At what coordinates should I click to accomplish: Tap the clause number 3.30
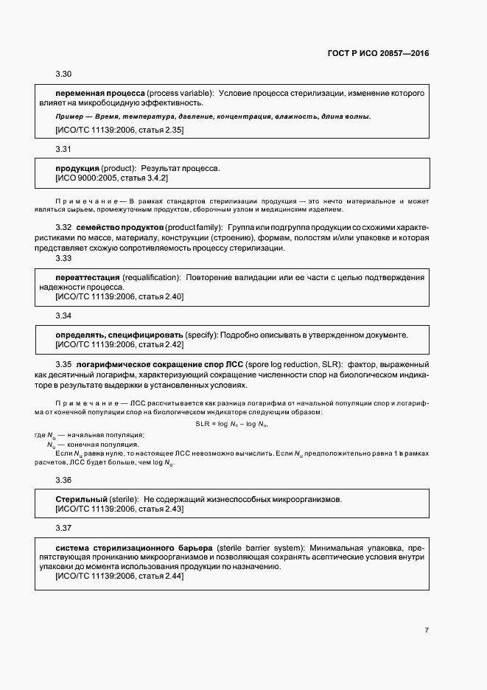pyautogui.click(x=64, y=74)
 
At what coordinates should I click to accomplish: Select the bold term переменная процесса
pyautogui.click(x=100, y=94)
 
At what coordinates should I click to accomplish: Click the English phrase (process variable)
pyautogui.click(x=180, y=94)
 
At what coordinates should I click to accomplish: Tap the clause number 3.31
pyautogui.click(x=64, y=149)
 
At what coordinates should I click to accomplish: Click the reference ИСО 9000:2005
pyautogui.click(x=88, y=178)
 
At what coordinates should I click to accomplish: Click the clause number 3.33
pyautogui.click(x=64, y=259)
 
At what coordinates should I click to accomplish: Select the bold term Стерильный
pyautogui.click(x=81, y=499)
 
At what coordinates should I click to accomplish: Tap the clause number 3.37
pyautogui.click(x=64, y=528)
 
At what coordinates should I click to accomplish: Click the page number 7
pyautogui.click(x=427, y=630)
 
